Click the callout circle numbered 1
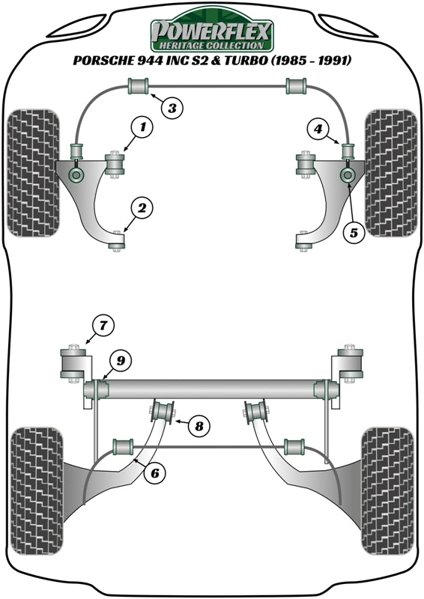(142, 128)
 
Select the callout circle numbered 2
(142, 208)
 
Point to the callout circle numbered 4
(319, 130)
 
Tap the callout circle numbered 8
(199, 427)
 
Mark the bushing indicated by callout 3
(139, 86)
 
